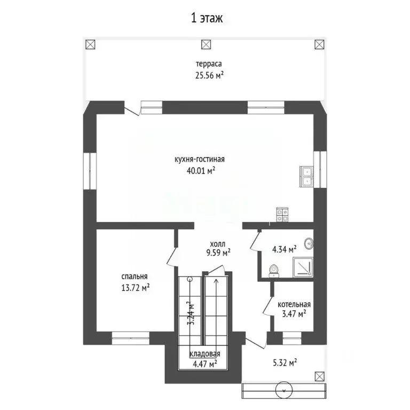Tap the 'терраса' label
[x=209, y=65]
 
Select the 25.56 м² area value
[x=209, y=76]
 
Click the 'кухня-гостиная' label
[x=199, y=159]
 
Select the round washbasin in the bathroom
[x=309, y=243]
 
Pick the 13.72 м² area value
[x=135, y=287]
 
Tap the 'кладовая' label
[x=205, y=354]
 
